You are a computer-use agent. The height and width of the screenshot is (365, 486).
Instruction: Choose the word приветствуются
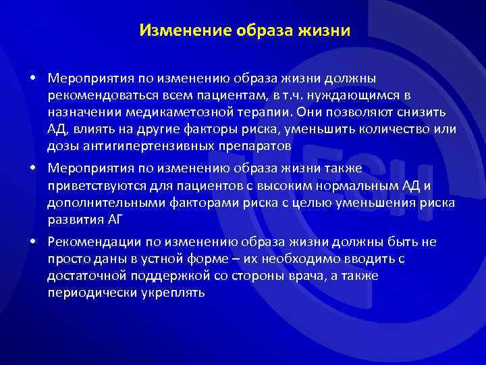(99, 185)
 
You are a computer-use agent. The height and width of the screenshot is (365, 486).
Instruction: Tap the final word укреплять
(175, 293)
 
